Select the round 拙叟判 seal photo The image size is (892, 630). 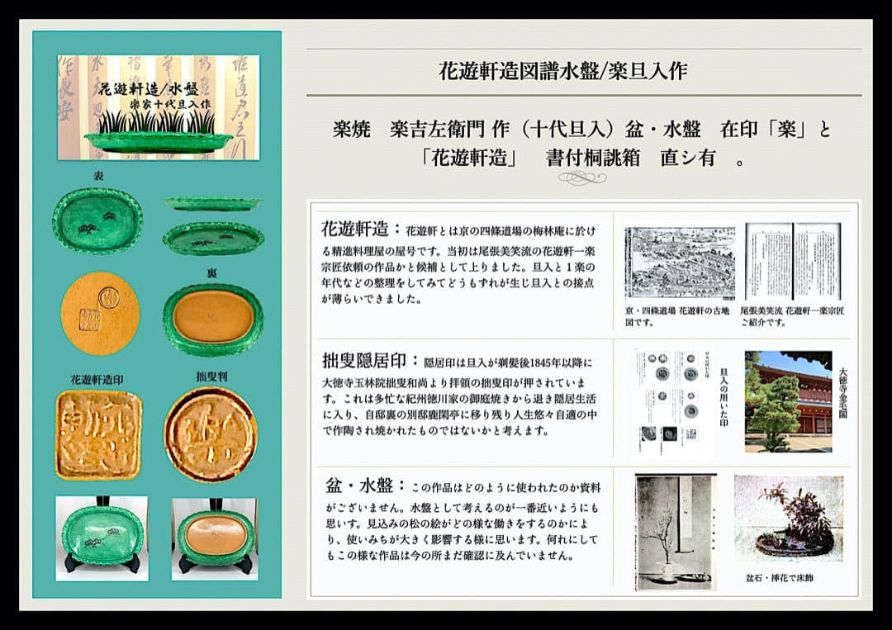click(210, 434)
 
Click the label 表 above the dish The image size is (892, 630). click(98, 177)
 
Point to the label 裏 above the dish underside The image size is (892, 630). click(212, 272)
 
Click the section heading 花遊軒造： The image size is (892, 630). click(361, 228)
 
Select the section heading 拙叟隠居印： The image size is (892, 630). click(371, 362)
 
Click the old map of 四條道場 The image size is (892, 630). click(679, 263)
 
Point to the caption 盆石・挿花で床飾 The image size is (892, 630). click(780, 578)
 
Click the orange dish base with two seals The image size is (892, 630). click(100, 313)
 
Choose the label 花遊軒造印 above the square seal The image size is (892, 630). click(97, 380)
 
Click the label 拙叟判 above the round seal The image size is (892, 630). click(211, 376)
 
